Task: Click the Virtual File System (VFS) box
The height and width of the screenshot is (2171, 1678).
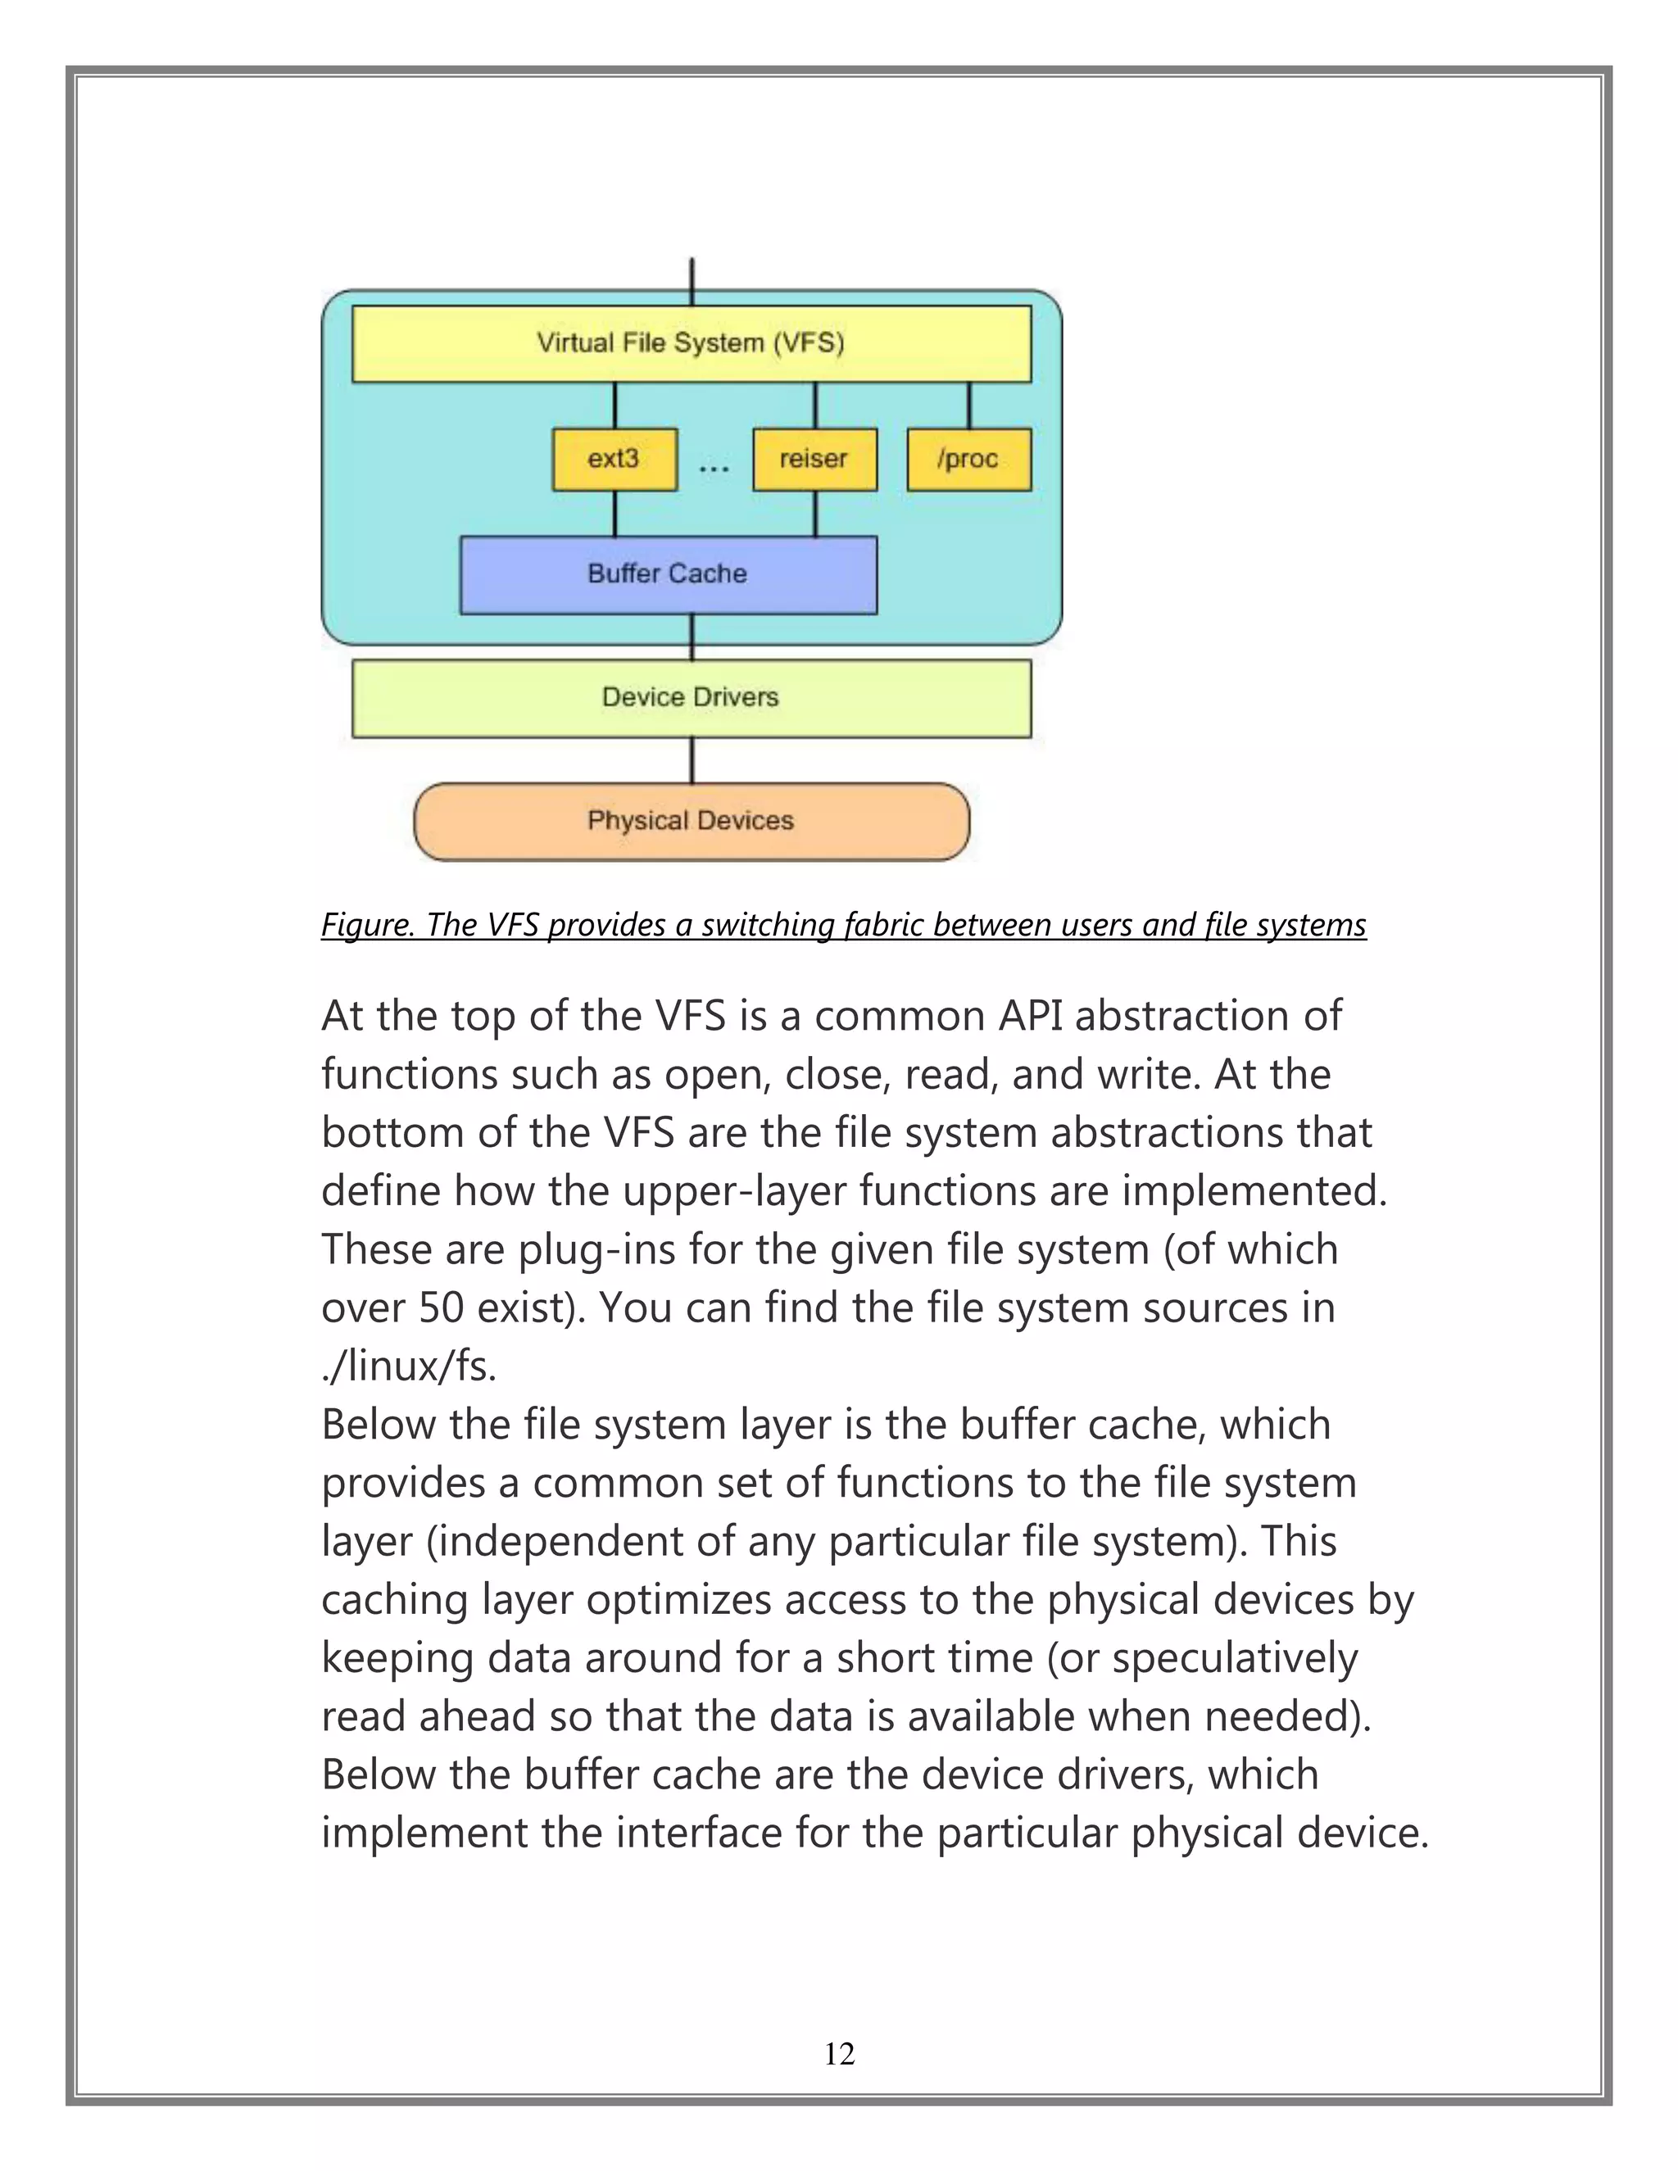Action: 691,343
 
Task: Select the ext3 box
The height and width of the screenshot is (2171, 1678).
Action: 615,460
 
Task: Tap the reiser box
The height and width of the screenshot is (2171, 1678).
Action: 814,460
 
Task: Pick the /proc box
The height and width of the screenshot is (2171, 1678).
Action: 968,460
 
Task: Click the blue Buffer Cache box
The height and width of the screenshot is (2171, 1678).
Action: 667,574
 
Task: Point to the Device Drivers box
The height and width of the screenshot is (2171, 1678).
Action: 691,698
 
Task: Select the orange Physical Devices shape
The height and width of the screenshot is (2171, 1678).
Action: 691,821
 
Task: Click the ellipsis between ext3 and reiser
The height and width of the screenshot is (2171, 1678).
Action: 714,466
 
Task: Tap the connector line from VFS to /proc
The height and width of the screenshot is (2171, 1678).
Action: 969,406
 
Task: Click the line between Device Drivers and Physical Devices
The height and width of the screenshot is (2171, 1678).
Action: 692,760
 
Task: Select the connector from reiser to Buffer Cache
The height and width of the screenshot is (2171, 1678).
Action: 815,514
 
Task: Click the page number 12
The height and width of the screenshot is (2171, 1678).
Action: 839,2054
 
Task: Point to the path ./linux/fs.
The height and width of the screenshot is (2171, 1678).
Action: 407,1367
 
